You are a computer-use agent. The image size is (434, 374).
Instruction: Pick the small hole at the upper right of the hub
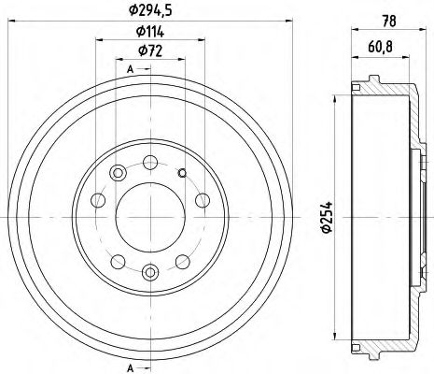(x=182, y=170)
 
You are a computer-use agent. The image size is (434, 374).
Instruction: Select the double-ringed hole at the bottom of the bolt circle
(x=149, y=272)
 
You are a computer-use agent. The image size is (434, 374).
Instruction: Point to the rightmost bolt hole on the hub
(x=202, y=199)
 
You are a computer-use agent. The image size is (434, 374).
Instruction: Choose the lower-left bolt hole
(x=118, y=260)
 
